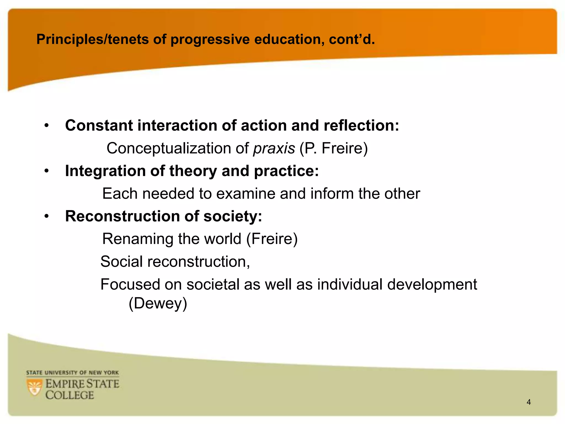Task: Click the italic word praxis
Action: (x=274, y=149)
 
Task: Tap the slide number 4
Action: (x=529, y=402)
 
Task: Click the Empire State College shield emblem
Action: (x=35, y=388)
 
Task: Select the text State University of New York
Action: (x=72, y=373)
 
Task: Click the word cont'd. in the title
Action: (x=352, y=39)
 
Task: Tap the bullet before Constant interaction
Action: (x=47, y=126)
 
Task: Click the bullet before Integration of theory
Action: (x=47, y=171)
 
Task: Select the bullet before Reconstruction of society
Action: (x=47, y=216)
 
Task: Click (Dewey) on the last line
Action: (x=158, y=303)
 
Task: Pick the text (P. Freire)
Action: (x=334, y=149)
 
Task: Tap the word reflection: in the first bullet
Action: (x=361, y=126)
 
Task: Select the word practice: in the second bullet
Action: (x=286, y=171)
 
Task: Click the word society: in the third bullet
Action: (x=233, y=216)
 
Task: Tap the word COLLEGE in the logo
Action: (x=70, y=395)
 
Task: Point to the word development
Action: (x=432, y=285)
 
